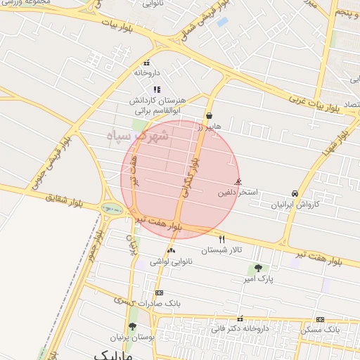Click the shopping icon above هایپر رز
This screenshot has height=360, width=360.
pyautogui.click(x=210, y=115)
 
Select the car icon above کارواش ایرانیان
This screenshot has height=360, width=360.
pyautogui.click(x=294, y=193)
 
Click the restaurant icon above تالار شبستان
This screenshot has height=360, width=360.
pyautogui.click(x=222, y=240)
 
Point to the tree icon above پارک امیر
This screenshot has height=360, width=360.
pyautogui.click(x=259, y=268)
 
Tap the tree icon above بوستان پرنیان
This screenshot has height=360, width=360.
pyautogui.click(x=132, y=326)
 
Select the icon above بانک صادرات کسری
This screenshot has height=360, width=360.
pyautogui.click(x=160, y=292)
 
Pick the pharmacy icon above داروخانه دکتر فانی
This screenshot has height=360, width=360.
pyautogui.click(x=241, y=318)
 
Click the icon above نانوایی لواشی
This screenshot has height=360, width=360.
pyautogui.click(x=171, y=251)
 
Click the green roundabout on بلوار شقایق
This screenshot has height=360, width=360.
pyautogui.click(x=111, y=208)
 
